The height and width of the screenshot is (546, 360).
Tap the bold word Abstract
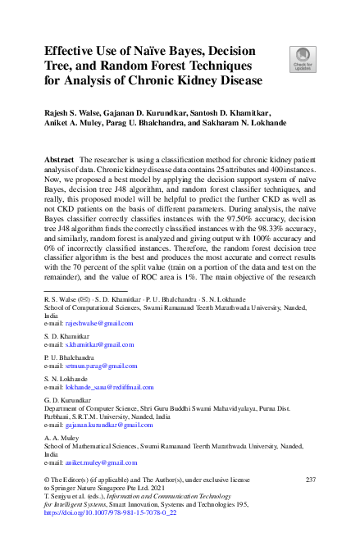58,157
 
